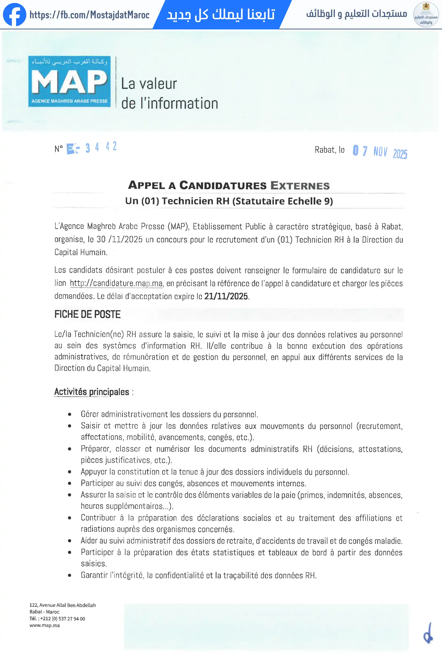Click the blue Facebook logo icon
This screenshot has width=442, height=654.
(x=14, y=15)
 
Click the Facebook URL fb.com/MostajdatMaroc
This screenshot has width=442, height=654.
(x=89, y=15)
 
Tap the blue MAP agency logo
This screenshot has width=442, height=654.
(x=69, y=81)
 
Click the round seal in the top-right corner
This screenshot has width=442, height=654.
(x=426, y=15)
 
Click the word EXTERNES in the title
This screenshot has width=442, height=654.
(x=300, y=186)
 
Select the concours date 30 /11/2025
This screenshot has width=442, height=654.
(x=120, y=239)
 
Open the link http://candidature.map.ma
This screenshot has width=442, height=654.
(x=116, y=283)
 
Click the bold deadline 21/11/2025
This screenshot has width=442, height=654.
(x=226, y=296)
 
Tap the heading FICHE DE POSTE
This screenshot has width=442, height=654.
(x=87, y=314)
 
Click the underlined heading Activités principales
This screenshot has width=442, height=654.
(x=91, y=392)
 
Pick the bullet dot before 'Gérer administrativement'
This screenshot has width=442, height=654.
(x=70, y=415)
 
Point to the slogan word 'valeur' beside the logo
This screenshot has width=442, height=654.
(x=158, y=84)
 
